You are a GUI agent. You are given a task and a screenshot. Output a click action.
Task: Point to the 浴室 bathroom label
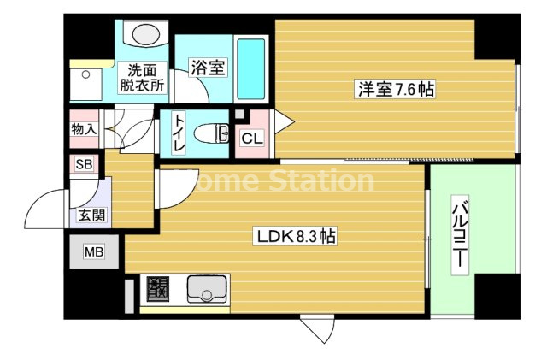(208, 68)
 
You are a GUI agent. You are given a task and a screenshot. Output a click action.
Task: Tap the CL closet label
(252, 138)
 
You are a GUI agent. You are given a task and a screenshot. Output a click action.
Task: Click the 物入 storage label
(84, 129)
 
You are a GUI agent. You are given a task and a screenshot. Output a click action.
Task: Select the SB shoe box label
(84, 163)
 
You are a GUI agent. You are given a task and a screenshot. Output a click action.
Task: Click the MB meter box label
(92, 251)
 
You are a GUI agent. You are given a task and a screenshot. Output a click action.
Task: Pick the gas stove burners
(158, 289)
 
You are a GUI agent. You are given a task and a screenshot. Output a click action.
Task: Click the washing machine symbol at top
(145, 34)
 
